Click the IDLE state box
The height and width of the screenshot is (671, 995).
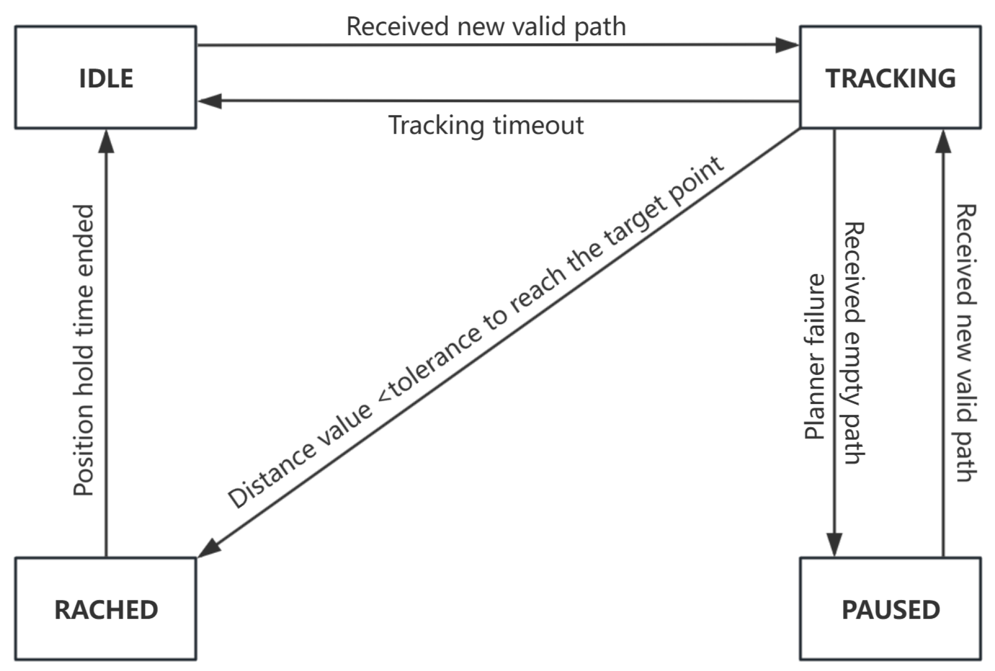(106, 77)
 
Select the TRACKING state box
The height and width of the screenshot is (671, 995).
(890, 77)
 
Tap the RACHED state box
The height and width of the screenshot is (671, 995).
(106, 609)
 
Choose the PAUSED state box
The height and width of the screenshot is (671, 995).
(890, 609)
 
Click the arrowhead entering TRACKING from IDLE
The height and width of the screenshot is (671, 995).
(786, 45)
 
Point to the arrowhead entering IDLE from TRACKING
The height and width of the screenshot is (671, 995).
(210, 101)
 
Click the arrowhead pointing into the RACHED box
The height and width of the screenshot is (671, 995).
(210, 548)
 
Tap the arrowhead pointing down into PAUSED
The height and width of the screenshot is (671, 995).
(834, 544)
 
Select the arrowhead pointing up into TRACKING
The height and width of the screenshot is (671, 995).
(943, 142)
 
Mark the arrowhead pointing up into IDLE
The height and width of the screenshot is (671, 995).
(106, 142)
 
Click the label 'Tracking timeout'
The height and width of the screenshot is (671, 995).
(486, 125)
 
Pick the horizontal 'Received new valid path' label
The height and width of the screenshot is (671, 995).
(486, 26)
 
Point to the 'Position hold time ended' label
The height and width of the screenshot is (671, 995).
(83, 350)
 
